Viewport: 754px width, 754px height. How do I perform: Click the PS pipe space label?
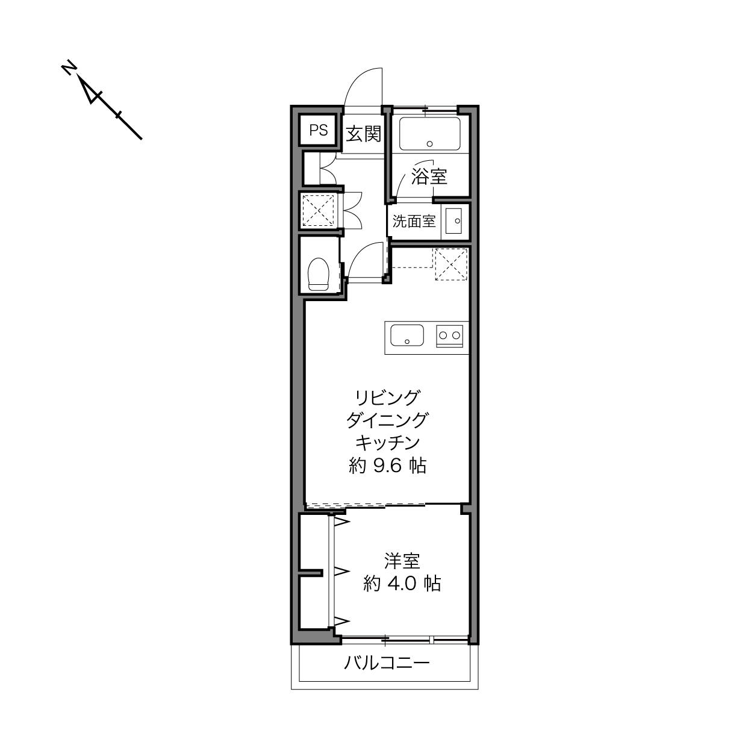pos(318,130)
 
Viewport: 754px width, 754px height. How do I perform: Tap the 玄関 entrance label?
pos(364,134)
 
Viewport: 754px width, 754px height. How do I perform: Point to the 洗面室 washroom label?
pos(414,222)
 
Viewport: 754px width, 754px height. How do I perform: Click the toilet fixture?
pos(318,274)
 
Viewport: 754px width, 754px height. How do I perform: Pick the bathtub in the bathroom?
pos(429,134)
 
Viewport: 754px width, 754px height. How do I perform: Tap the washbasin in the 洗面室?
pos(454,220)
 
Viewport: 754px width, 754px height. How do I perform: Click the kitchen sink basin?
pos(407,335)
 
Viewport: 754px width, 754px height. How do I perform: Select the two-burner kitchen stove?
pos(450,336)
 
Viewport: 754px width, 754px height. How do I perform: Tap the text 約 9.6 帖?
pos(387,466)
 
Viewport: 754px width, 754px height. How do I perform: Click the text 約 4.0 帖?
pos(402,584)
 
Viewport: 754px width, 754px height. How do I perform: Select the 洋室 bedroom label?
pos(402,561)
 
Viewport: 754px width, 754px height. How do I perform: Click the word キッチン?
pos(387,443)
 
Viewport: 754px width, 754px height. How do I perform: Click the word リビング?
pos(387,397)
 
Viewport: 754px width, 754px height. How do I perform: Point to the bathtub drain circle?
pos(429,143)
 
